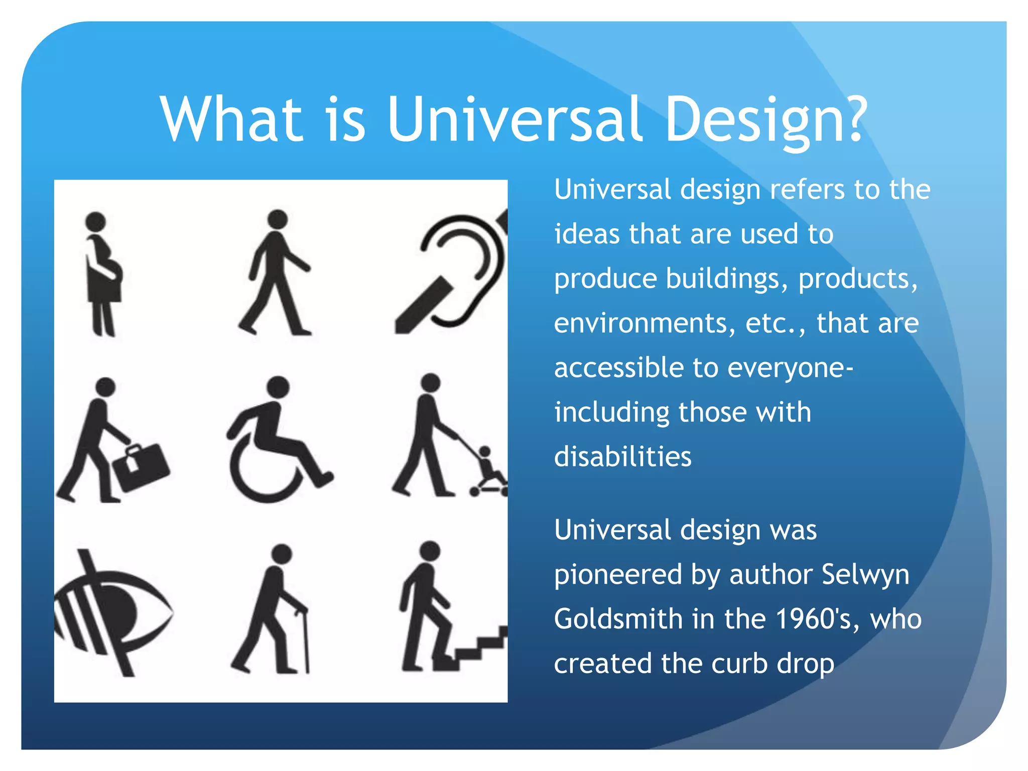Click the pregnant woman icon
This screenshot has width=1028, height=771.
(x=103, y=274)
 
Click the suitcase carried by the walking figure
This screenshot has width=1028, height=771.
(x=141, y=467)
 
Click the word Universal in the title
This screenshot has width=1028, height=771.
(x=515, y=120)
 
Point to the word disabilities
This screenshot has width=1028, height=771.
(x=622, y=457)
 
